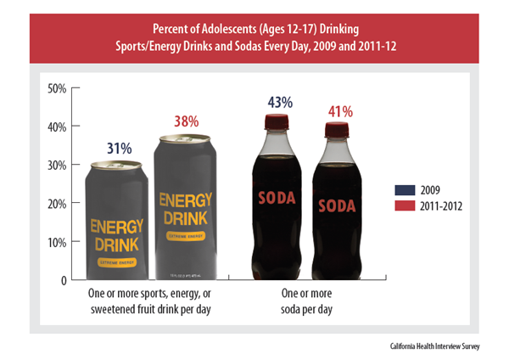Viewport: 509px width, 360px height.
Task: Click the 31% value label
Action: [120, 149]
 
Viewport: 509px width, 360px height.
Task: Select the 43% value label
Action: [279, 103]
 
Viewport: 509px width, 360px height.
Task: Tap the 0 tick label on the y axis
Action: [64, 279]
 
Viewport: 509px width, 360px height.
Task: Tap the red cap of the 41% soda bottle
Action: [338, 130]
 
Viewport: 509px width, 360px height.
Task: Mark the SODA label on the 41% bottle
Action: [337, 205]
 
